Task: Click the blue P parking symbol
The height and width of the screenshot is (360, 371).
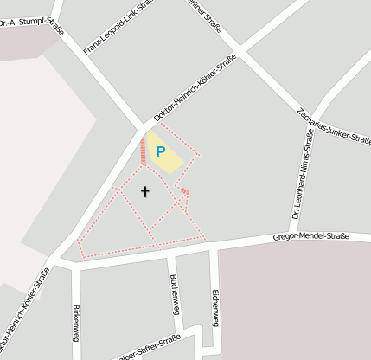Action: pyautogui.click(x=160, y=151)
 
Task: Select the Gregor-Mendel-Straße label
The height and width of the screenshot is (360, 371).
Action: pyautogui.click(x=310, y=235)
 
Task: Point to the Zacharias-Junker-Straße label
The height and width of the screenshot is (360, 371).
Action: pyautogui.click(x=334, y=127)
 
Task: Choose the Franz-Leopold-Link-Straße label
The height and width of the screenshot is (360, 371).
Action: pyautogui.click(x=118, y=29)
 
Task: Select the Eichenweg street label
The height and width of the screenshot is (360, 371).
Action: pyautogui.click(x=214, y=307)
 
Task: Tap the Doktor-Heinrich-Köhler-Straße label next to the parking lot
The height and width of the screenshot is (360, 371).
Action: pyautogui.click(x=195, y=88)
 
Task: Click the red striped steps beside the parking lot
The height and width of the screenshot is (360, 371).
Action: pyautogui.click(x=144, y=150)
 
